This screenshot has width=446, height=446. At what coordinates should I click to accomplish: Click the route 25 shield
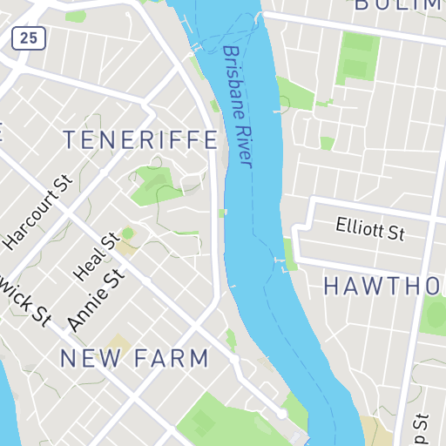pyautogui.click(x=30, y=37)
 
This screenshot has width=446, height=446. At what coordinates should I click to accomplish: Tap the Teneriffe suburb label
pyautogui.click(x=140, y=140)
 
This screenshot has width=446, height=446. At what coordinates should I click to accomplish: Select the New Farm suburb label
pyautogui.click(x=135, y=358)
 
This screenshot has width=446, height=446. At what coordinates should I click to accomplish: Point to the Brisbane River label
pyautogui.click(x=237, y=106)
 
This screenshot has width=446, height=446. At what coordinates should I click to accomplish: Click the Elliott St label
pyautogui.click(x=371, y=230)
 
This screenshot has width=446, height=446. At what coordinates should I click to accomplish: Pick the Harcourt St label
pyautogui.click(x=37, y=213)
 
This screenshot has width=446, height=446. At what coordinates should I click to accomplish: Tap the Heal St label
pyautogui.click(x=95, y=257)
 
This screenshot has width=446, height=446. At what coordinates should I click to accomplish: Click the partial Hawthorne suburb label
pyautogui.click(x=384, y=286)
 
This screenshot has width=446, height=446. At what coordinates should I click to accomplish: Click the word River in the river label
pyautogui.click(x=243, y=148)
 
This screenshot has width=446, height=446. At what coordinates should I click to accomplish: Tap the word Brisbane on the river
pyautogui.click(x=233, y=84)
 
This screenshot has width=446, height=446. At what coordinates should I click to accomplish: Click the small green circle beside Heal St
pyautogui.click(x=128, y=233)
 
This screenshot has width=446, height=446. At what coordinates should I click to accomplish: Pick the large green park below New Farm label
pyautogui.click(x=218, y=418)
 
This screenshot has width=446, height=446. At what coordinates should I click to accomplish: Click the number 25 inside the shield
pyautogui.click(x=30, y=37)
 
